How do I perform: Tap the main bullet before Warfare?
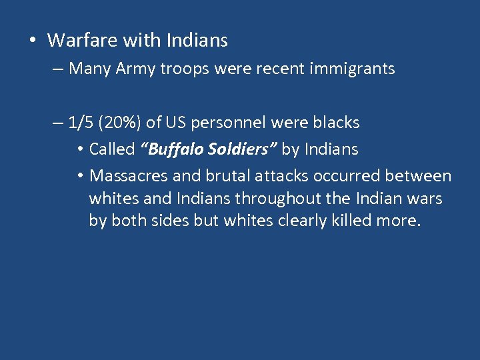32,41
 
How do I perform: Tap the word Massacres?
127,177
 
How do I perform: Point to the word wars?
425,199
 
